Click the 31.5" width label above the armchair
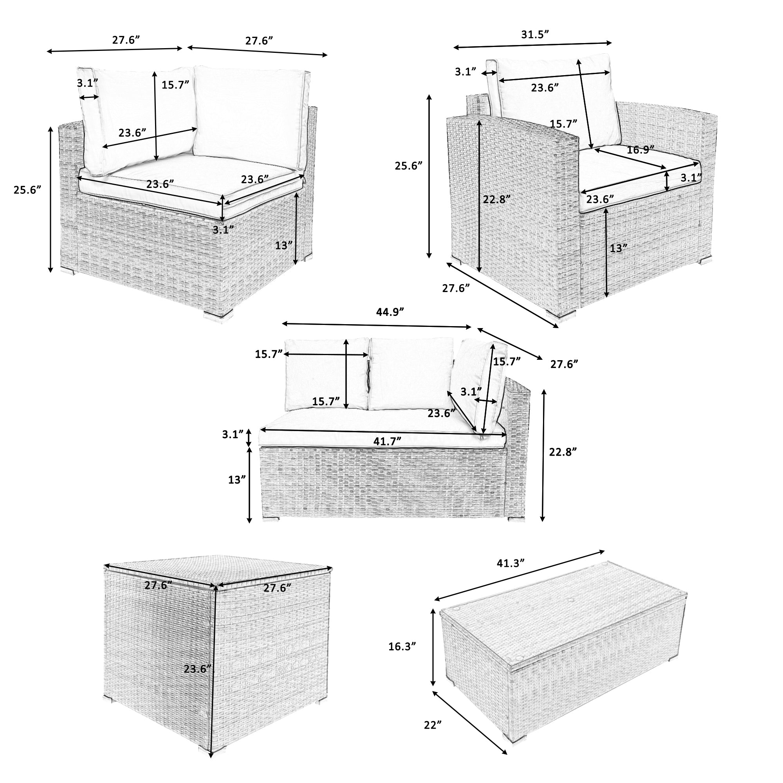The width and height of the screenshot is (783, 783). pos(534,34)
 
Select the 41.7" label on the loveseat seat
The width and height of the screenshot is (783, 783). pos(387,441)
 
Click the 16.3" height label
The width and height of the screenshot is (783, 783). pos(402,658)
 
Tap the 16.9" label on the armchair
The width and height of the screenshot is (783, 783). pos(640,150)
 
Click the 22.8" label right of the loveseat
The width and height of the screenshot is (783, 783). pos(563,452)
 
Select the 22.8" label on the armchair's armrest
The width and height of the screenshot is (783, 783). pos(497,199)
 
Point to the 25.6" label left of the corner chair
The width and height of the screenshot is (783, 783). pos(27,190)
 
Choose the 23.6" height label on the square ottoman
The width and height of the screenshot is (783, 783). pos(197,668)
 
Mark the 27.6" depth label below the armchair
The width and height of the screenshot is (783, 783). pos(456,288)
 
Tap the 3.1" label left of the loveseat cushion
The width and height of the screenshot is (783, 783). pos(233,435)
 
